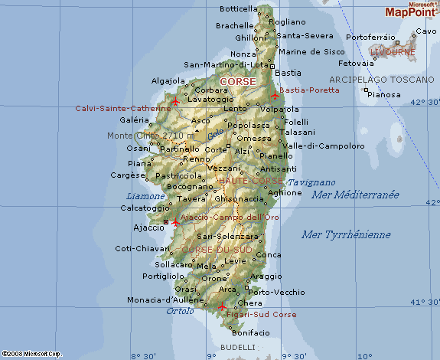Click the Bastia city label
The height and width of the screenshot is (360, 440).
tap(287, 73)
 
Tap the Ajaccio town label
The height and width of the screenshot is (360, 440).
tap(148, 227)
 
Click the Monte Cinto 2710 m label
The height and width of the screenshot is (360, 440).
tap(151, 136)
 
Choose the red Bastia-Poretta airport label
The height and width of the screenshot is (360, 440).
tap(309, 90)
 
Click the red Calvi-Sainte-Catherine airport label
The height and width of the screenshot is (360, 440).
tap(123, 108)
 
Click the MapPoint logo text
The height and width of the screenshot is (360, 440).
tap(412, 12)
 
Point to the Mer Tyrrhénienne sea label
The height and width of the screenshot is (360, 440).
tap(346, 234)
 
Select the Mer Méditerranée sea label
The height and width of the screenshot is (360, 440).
tap(355, 195)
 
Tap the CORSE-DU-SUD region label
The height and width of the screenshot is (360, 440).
tap(216, 250)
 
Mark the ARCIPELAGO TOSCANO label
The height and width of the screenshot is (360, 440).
tap(381, 80)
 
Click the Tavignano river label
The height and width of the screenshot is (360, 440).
tap(311, 182)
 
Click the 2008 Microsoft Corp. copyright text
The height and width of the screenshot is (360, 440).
tap(31, 354)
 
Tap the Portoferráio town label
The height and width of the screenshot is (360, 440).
tap(371, 37)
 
